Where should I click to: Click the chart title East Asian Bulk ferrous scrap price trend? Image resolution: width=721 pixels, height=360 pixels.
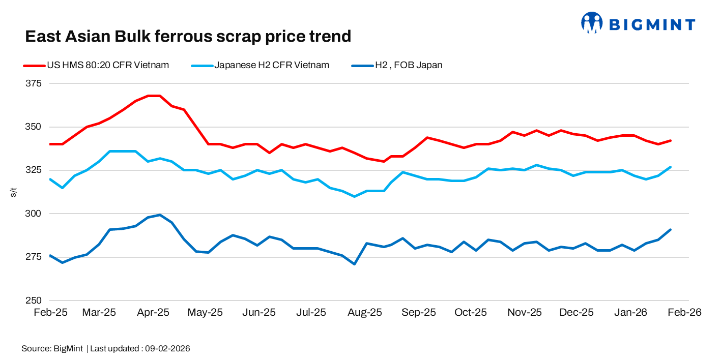tap(188, 36)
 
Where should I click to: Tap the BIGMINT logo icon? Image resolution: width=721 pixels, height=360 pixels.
tap(591, 23)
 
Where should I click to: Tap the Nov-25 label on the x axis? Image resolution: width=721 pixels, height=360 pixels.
tap(524, 312)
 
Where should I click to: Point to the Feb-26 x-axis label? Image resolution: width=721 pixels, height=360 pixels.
tap(685, 312)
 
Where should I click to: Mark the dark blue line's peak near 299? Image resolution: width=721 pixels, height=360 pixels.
tap(160, 215)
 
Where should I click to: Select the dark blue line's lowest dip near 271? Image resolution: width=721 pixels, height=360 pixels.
tap(354, 264)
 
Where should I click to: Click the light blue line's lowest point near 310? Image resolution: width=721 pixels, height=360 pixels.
tap(354, 196)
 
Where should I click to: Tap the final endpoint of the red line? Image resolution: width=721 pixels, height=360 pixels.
tap(671, 140)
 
